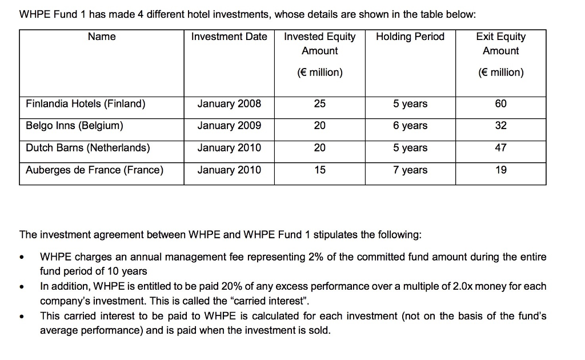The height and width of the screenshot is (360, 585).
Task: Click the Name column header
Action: [102, 37]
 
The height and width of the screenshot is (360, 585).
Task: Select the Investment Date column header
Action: [229, 37]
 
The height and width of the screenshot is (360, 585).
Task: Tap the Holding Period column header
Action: [410, 37]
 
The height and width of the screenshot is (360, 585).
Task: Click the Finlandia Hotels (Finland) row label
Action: [86, 104]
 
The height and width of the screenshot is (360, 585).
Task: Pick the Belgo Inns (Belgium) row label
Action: [74, 126]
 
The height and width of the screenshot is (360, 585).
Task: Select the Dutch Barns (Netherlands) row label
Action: [88, 148]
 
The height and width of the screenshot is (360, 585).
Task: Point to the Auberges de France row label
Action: [94, 170]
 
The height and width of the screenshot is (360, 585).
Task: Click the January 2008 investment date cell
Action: [229, 104]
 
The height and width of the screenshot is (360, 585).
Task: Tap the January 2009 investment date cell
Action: [229, 126]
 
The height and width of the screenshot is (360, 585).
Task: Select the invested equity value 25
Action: [320, 104]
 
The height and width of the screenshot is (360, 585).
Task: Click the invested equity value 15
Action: [320, 170]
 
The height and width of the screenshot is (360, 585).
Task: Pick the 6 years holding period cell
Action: [410, 126]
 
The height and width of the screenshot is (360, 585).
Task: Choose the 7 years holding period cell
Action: [410, 170]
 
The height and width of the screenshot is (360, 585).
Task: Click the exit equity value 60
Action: [501, 104]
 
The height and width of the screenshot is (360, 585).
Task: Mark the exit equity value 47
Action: [501, 148]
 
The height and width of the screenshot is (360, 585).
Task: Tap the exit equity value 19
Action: [501, 170]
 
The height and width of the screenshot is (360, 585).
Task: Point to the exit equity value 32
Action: [501, 126]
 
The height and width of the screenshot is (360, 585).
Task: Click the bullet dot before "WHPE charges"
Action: [22, 257]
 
